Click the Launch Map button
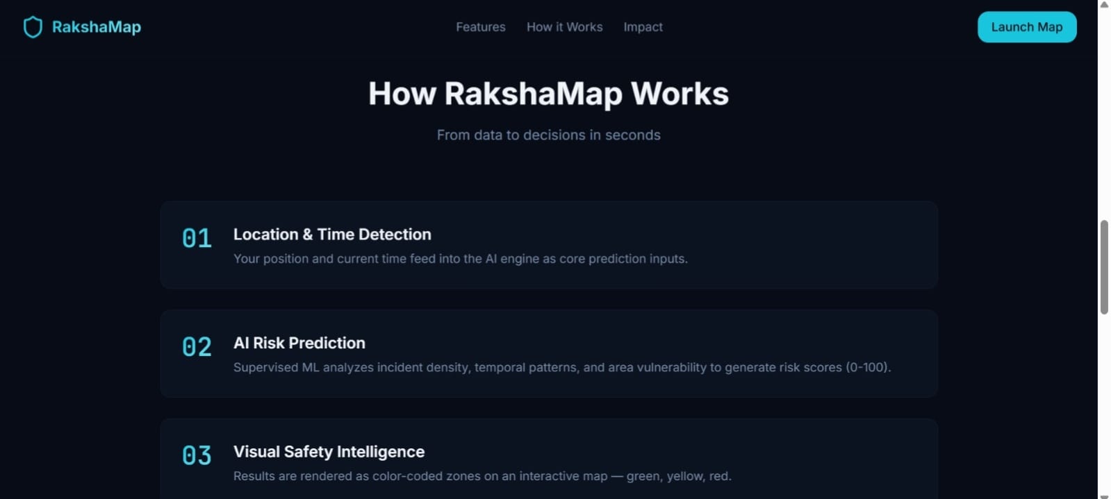tap(1026, 27)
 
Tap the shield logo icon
tap(33, 27)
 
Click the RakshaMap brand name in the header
tap(97, 27)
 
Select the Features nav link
tap(480, 27)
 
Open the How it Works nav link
tap(564, 27)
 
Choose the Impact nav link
tap(643, 27)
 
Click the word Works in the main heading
tap(680, 94)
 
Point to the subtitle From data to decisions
tap(548, 135)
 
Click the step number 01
tap(197, 238)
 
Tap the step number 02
tap(197, 347)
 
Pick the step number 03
tap(197, 455)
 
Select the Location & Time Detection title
tap(332, 235)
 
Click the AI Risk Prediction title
tap(299, 343)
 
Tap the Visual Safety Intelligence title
tap(329, 452)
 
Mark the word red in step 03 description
tap(718, 476)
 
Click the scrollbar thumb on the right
tap(1104, 267)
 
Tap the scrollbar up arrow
tap(1104, 5)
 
